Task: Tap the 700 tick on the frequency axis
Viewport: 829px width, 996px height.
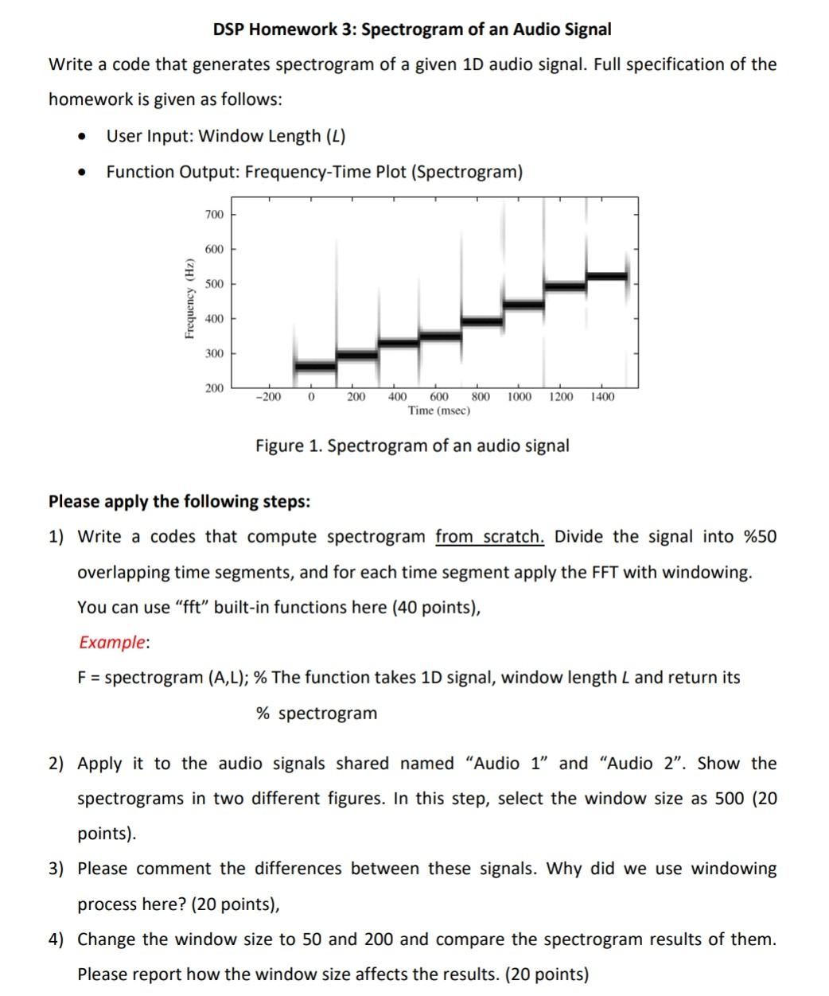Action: [214, 215]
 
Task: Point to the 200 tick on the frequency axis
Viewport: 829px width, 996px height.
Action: [214, 388]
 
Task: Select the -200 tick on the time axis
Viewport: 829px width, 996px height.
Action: [268, 396]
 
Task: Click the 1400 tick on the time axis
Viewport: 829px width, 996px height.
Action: [602, 396]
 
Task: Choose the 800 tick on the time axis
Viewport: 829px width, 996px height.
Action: [481, 396]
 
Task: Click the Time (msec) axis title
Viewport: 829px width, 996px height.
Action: [438, 410]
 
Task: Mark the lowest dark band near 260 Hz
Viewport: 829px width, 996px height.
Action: [315, 367]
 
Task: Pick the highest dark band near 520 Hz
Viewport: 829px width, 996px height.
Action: [606, 276]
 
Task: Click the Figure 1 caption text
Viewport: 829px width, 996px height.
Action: [412, 445]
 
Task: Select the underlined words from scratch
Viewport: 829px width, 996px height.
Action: [489, 536]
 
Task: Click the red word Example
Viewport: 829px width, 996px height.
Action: [112, 642]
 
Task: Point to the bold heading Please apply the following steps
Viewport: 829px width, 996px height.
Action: [179, 501]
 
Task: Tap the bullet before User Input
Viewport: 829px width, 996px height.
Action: [81, 137]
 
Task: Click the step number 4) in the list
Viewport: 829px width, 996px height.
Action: [58, 939]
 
